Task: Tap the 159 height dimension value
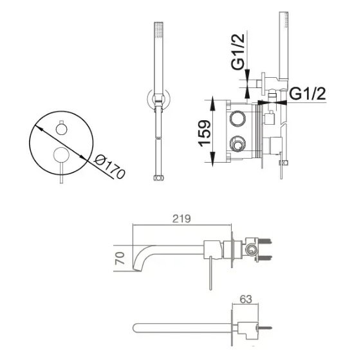point(205,133)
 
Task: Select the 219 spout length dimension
point(181,219)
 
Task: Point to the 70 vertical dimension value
point(120,258)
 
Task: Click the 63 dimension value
point(246,300)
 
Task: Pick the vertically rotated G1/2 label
point(238,51)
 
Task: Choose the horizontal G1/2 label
point(308,94)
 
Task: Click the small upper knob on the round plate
point(62,129)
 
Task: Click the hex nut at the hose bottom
point(159,178)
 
